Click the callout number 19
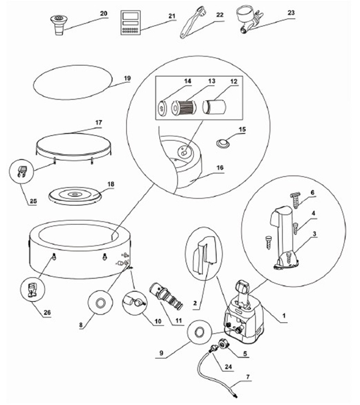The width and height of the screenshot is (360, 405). pyautogui.click(x=127, y=78)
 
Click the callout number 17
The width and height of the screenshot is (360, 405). pyautogui.click(x=98, y=122)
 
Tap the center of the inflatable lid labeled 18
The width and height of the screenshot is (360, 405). pyautogui.click(x=74, y=194)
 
